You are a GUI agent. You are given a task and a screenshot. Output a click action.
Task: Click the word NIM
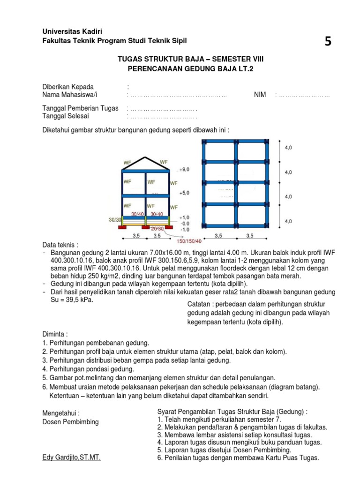(x=260, y=95)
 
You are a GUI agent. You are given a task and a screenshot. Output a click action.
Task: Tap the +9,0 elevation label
(x=185, y=170)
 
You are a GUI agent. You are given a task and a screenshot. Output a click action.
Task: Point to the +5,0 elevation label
(x=185, y=193)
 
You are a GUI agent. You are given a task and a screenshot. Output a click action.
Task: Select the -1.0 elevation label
(x=185, y=229)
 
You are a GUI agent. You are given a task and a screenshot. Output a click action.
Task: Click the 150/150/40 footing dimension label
(x=189, y=240)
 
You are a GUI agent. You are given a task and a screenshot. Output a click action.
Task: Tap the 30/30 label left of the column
(x=114, y=219)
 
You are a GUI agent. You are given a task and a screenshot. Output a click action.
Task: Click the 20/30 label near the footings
(x=157, y=228)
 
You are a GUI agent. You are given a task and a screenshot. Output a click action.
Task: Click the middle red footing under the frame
(x=146, y=228)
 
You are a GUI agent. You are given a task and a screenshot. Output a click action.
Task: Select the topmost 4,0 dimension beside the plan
(x=288, y=147)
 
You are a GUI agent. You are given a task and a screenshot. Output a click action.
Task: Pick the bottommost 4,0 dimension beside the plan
(x=288, y=221)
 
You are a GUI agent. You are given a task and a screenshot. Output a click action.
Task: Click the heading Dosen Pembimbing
(x=70, y=421)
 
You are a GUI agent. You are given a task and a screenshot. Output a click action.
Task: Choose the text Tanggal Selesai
(x=65, y=116)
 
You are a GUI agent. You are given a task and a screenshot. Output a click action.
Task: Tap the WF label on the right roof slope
(x=164, y=163)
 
